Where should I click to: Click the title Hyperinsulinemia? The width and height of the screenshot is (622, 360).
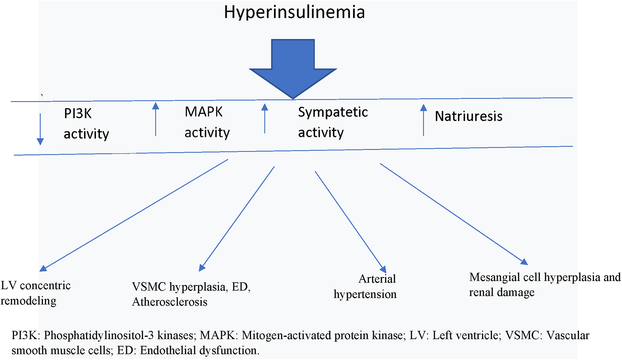point(294,12)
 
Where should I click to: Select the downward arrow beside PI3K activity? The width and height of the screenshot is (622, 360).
point(40,130)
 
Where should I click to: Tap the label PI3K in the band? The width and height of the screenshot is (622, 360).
point(78,114)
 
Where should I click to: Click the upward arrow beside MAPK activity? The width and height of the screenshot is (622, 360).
point(156,119)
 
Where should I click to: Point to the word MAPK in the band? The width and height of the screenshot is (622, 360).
point(203,112)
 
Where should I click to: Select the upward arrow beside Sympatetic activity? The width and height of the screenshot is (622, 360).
point(265,118)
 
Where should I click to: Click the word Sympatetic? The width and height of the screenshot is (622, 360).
point(332,112)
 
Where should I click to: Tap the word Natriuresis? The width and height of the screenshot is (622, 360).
point(468,116)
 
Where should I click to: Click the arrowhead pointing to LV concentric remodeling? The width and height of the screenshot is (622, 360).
point(43,268)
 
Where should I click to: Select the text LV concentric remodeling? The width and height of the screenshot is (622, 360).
point(35,293)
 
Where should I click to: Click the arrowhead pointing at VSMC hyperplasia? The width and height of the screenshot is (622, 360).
point(202,268)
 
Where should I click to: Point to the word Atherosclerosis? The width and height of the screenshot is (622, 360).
point(169,302)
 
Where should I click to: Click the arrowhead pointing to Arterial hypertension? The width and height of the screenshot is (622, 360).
point(383,270)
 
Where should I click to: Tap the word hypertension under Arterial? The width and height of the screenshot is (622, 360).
point(365,294)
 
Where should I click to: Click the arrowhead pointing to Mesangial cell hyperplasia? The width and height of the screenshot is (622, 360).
point(524,262)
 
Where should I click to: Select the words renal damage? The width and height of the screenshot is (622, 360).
point(501,293)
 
